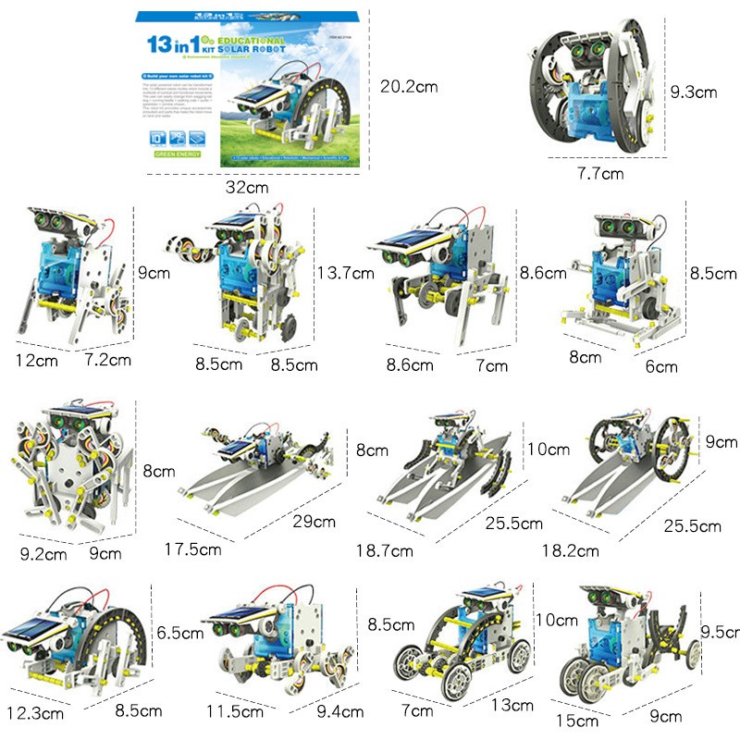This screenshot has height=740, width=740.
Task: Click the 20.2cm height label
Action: click(x=408, y=87)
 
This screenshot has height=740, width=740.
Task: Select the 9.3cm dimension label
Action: click(x=694, y=92)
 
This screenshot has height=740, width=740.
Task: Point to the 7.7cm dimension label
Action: click(x=601, y=173)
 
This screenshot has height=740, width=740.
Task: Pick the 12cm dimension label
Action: click(x=36, y=359)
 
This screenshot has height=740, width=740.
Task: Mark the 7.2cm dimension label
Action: click(x=107, y=359)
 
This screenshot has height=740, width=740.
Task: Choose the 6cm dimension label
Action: click(x=660, y=365)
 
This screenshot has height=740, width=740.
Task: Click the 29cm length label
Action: click(x=313, y=522)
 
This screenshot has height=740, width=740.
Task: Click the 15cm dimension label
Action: click(x=583, y=721)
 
